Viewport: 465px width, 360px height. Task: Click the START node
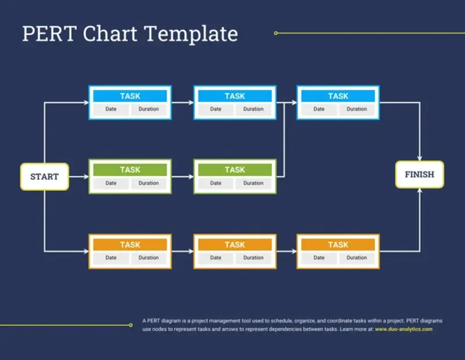coord(44,176)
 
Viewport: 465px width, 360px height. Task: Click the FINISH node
coord(419,174)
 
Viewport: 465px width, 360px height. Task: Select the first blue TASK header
coord(130,96)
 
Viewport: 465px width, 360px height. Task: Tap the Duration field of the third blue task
coord(356,109)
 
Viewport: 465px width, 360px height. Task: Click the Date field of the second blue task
coord(216,109)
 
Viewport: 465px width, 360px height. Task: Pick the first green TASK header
coord(130,170)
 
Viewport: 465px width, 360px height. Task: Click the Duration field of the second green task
coord(253,183)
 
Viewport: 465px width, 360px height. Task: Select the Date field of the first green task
coord(111,183)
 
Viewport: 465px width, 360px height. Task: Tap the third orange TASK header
coord(338,245)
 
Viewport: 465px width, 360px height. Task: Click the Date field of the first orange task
coord(111,258)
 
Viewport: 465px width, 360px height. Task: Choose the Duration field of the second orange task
coord(253,258)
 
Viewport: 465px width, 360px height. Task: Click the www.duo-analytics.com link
coord(403,329)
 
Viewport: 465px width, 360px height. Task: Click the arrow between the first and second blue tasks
coord(183,103)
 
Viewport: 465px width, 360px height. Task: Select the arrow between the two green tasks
coord(183,177)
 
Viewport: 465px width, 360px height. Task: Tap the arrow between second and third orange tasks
coord(286,251)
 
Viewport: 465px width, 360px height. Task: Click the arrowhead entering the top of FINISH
coord(420,158)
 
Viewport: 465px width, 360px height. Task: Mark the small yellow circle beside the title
coord(276,33)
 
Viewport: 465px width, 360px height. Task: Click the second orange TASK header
coord(234,245)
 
